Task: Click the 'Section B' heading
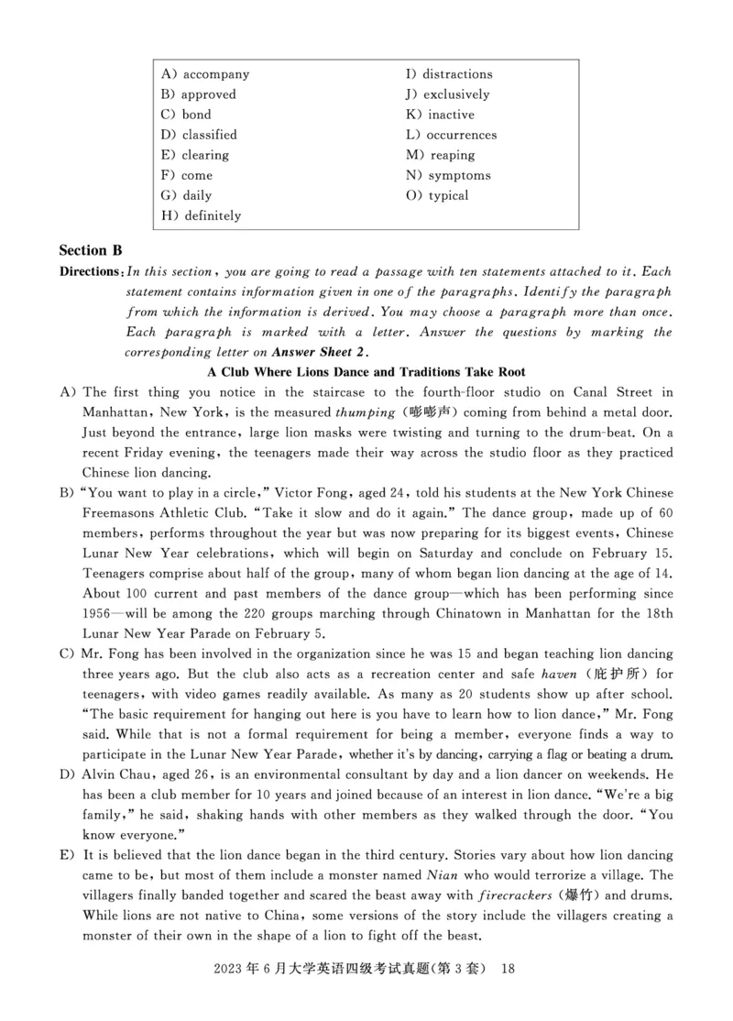click(x=91, y=250)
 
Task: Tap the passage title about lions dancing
click(x=366, y=372)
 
